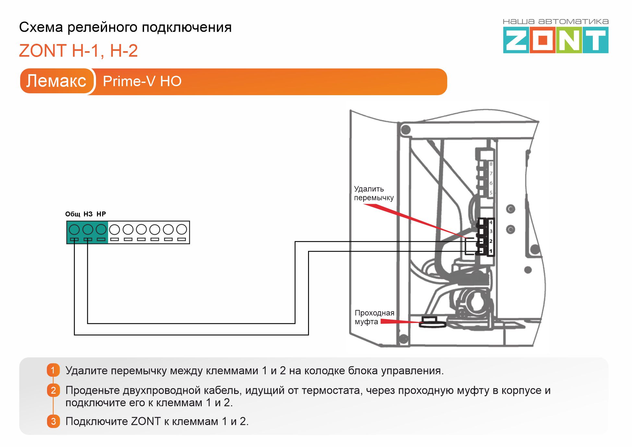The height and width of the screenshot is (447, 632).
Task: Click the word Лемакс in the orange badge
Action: [x=56, y=81]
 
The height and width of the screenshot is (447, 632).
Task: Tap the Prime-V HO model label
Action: [x=142, y=81]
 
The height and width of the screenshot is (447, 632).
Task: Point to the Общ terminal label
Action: [x=73, y=214]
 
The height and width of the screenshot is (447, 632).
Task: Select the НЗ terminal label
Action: [x=88, y=214]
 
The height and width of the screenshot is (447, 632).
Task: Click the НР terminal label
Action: [x=101, y=214]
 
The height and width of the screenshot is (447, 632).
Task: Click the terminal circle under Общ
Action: [x=74, y=229]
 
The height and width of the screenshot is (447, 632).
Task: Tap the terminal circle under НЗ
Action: [x=88, y=229]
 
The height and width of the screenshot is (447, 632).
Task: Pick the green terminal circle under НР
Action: [x=101, y=229]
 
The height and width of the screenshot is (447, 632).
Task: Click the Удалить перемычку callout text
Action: [x=374, y=193]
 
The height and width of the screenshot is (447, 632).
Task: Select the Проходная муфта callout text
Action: [x=374, y=317]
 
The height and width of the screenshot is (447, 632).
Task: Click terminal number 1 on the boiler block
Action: [x=491, y=251]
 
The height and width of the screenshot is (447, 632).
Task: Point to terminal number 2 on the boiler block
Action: [x=491, y=241]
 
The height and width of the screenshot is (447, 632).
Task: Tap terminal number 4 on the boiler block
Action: [x=491, y=223]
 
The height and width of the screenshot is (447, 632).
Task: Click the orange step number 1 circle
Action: [x=53, y=370]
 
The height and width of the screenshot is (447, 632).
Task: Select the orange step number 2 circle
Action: [x=53, y=390]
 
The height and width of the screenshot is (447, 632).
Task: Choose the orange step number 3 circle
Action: [x=53, y=421]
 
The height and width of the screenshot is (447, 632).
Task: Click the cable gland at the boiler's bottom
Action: [x=432, y=323]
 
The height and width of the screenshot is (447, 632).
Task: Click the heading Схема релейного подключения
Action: [x=125, y=27]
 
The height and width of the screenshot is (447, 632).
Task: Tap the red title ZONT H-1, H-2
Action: [x=78, y=51]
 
